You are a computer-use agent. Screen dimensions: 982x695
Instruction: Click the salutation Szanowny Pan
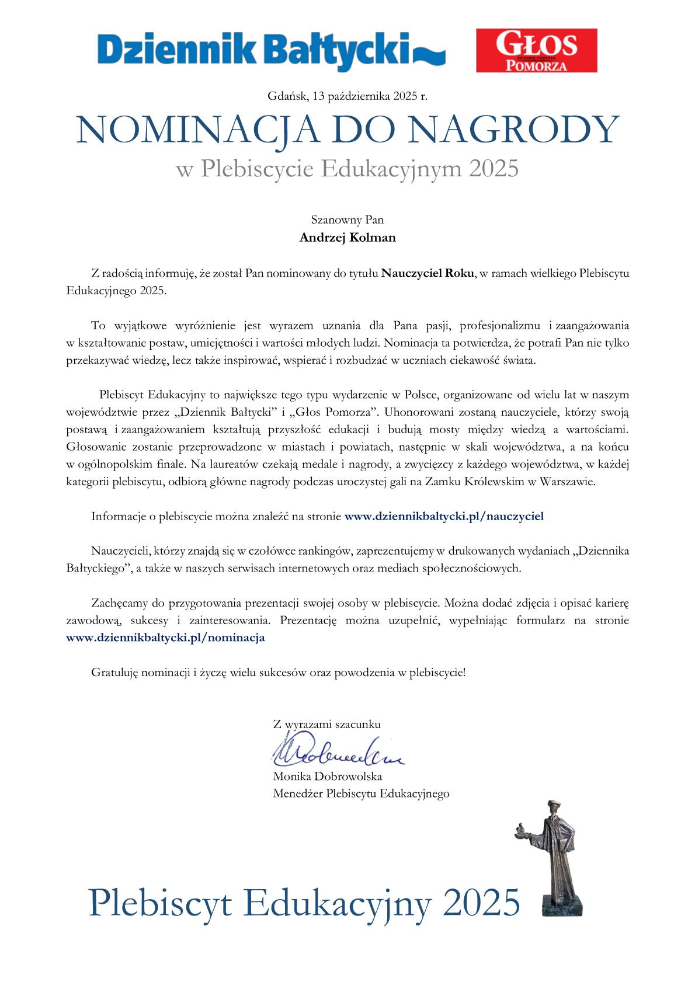[x=347, y=221]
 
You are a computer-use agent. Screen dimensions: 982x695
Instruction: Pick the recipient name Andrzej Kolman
[x=347, y=238]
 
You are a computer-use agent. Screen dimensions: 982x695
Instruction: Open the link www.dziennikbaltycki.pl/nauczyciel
[x=444, y=516]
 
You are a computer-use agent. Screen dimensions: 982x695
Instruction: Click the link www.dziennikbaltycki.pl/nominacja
[x=166, y=638]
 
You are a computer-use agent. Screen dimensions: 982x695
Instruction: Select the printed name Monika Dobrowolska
[x=327, y=776]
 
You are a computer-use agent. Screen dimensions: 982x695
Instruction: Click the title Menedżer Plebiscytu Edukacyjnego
[x=361, y=793]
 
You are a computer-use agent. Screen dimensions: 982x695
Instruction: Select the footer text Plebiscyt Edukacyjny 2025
[x=304, y=902]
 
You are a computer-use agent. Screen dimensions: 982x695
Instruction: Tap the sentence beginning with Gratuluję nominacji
[x=279, y=672]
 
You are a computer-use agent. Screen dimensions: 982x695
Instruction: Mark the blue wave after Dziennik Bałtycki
[x=430, y=55]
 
